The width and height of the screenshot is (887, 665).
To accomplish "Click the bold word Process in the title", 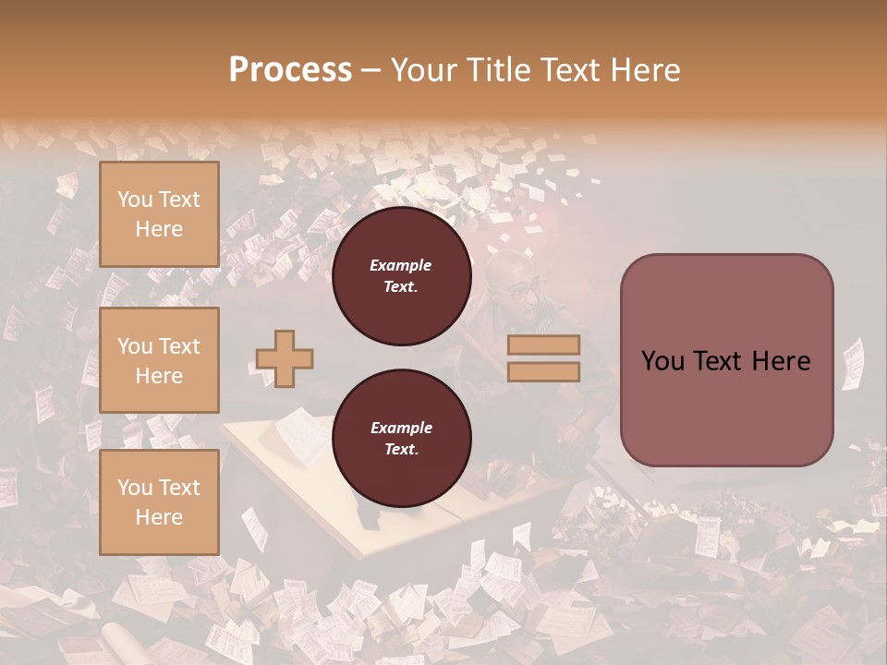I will tap(290, 70).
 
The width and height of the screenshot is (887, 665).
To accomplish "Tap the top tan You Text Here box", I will tap(159, 214).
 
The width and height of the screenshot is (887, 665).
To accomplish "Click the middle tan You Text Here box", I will tap(159, 360).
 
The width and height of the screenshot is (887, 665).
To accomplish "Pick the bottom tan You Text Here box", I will tap(159, 502).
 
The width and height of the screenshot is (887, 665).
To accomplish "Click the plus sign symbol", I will tap(285, 359).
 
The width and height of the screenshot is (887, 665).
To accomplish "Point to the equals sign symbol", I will tap(543, 358).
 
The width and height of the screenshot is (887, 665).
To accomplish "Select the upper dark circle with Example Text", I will tap(401, 276).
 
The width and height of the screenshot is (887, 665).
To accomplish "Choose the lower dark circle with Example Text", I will tap(401, 439).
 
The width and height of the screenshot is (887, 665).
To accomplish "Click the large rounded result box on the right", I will tap(726, 360).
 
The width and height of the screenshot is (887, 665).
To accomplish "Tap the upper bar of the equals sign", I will tap(543, 345).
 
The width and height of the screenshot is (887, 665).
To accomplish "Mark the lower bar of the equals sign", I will tap(543, 371).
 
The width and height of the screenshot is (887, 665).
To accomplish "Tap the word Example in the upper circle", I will tap(401, 265).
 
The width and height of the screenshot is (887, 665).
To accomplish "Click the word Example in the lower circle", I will tap(401, 428).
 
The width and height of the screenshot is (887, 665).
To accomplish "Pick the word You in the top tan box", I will tap(135, 199).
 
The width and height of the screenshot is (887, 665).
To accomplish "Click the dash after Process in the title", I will tap(371, 70).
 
